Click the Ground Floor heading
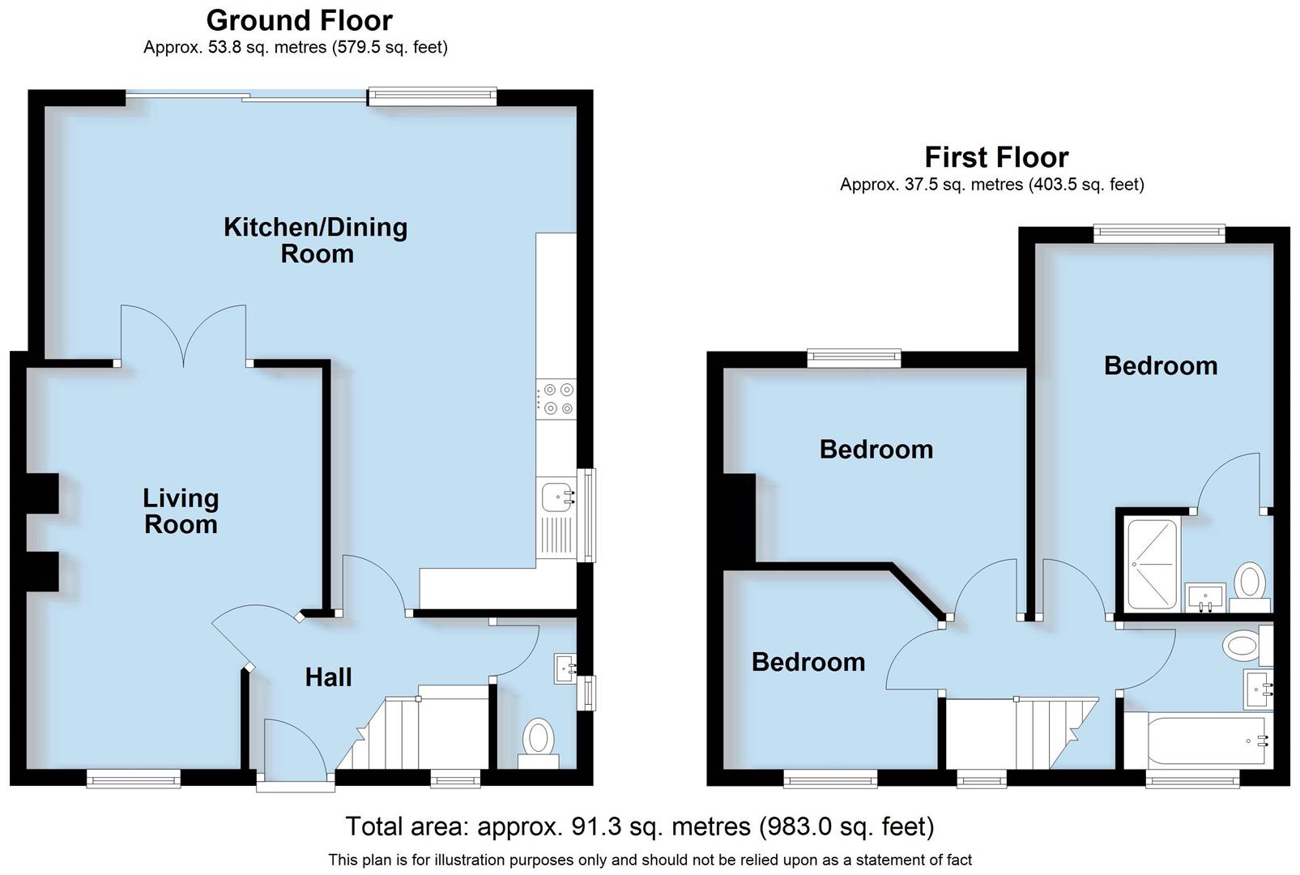299,19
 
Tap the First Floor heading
995,156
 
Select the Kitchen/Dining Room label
316,240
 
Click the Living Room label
181,510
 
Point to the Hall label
328,677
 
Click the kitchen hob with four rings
556,399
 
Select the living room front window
134,779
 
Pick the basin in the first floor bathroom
1258,689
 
